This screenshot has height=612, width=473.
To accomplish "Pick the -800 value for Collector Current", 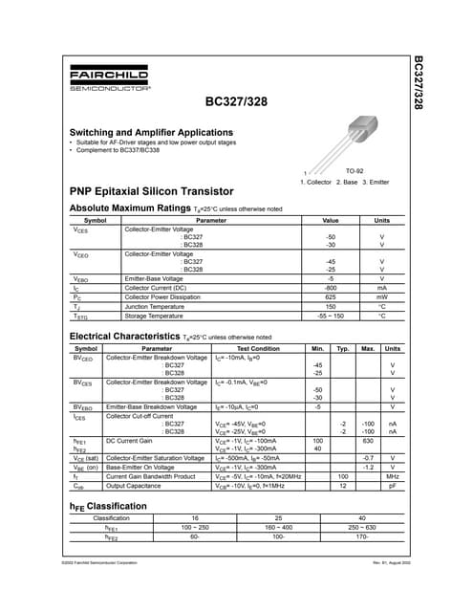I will [x=331, y=287].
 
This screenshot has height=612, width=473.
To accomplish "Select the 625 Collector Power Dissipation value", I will [x=331, y=296].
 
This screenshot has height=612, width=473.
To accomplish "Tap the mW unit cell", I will [x=381, y=296].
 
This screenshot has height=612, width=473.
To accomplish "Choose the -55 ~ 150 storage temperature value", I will [x=331, y=316].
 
